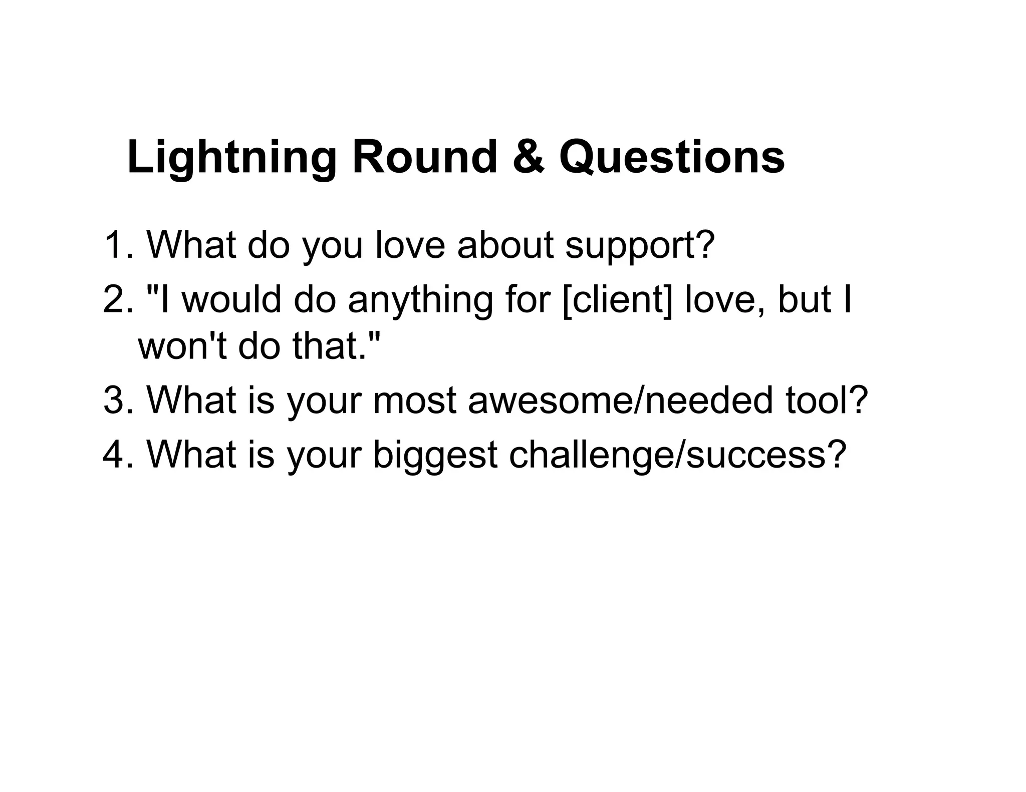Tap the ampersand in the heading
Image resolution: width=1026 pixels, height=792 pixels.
pyautogui.click(x=528, y=157)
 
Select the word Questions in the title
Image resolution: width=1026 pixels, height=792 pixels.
pyautogui.click(x=671, y=157)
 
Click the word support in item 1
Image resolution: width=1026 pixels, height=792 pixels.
pyautogui.click(x=639, y=246)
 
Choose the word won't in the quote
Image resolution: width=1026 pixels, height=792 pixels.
pyautogui.click(x=182, y=346)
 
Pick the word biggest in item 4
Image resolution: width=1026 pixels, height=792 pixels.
pyautogui.click(x=435, y=456)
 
